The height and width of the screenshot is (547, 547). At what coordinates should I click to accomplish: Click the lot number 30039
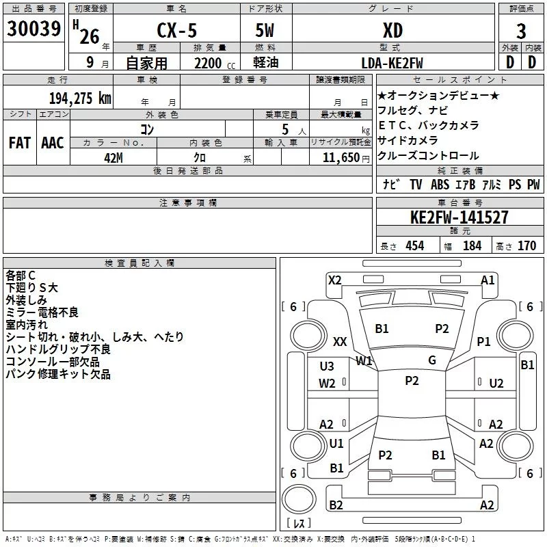(x=34, y=28)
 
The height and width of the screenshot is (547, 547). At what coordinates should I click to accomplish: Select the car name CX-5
(x=177, y=30)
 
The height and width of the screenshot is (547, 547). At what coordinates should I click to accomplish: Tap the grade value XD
(x=392, y=30)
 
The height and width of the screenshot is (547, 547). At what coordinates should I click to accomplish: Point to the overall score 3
(x=521, y=31)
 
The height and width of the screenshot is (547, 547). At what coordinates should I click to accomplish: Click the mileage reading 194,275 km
(x=80, y=98)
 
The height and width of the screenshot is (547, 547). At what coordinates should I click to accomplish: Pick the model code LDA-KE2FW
(x=392, y=63)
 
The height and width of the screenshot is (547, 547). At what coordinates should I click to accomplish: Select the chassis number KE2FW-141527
(x=459, y=217)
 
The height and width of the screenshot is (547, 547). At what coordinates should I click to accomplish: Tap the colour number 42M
(x=114, y=158)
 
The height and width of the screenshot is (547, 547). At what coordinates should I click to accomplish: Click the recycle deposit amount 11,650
(x=341, y=158)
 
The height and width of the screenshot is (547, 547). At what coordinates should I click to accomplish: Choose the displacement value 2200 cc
(x=215, y=63)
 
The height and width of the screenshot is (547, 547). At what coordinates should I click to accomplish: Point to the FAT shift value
(x=20, y=143)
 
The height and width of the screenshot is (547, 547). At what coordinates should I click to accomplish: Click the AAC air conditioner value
(x=53, y=143)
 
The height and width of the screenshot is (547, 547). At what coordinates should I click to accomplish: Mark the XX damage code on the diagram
(x=340, y=341)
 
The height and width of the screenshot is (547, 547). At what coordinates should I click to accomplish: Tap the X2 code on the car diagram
(x=334, y=280)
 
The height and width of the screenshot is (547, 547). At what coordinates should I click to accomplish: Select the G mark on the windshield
(x=432, y=360)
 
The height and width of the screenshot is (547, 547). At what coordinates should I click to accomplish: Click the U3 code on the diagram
(x=327, y=366)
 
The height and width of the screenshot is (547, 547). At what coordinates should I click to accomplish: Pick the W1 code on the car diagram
(x=364, y=361)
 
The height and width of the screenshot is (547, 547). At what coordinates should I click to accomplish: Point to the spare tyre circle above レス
(x=299, y=499)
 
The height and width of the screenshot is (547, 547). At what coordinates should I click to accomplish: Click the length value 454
(x=415, y=246)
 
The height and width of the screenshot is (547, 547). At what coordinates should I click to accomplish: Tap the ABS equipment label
(x=440, y=185)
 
